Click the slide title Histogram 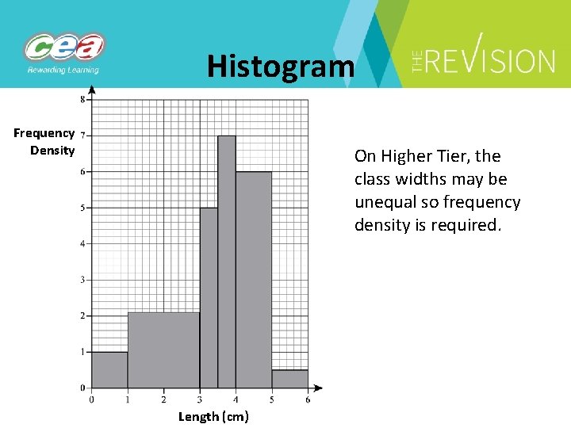point(281,66)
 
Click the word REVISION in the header point(492,61)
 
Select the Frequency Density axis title point(44,142)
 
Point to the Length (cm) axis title point(213,416)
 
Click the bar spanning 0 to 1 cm point(109,369)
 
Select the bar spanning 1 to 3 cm point(163,350)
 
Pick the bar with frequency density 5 point(209,297)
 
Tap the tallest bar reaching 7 point(227,262)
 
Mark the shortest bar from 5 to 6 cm point(289,379)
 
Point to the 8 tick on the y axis point(83,100)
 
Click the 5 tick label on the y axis point(83,208)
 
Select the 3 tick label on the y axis point(83,280)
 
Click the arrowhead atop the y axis point(92,90)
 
